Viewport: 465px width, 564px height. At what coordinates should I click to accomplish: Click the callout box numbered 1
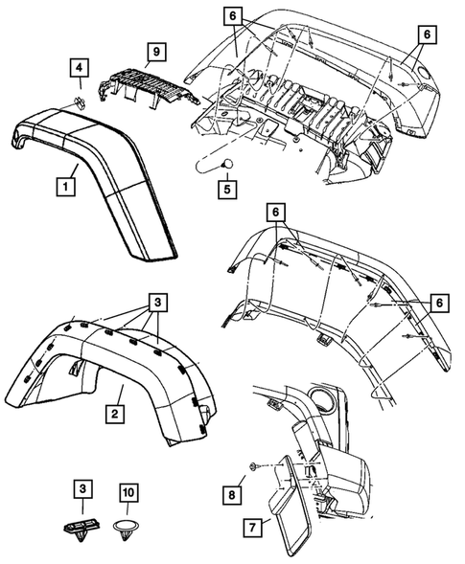tap(65, 181)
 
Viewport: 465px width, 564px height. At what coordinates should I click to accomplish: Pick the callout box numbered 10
tap(129, 492)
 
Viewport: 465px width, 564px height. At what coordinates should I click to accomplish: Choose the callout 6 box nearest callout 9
tap(234, 15)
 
